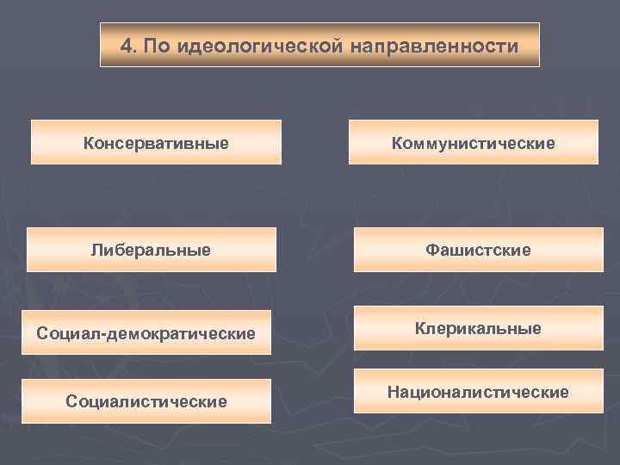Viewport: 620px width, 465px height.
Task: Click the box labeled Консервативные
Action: click(x=156, y=142)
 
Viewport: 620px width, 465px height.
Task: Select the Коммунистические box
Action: click(x=473, y=142)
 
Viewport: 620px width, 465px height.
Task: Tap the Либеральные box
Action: click(x=152, y=250)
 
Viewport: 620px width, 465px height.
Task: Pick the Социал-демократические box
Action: click(x=146, y=332)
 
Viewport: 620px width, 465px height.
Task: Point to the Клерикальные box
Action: click(x=478, y=328)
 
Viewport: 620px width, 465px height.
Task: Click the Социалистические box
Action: click(x=146, y=401)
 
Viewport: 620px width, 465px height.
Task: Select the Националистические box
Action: click(x=478, y=392)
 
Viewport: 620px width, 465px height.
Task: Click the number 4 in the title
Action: click(x=126, y=46)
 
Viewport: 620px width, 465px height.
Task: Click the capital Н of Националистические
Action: click(x=393, y=392)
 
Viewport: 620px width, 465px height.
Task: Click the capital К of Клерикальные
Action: click(x=420, y=328)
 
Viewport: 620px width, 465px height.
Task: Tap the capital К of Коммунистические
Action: click(x=397, y=142)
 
